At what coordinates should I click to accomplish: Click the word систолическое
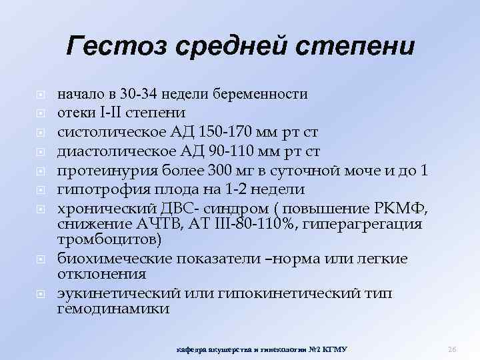[x=105, y=129]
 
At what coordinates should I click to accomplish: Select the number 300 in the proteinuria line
[x=219, y=163]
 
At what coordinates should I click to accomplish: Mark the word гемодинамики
[x=113, y=309]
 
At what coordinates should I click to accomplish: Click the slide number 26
[x=451, y=349]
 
